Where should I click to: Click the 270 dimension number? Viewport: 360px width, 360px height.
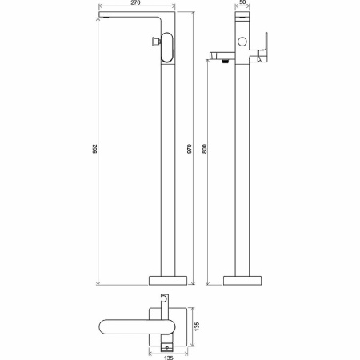click(136, 2)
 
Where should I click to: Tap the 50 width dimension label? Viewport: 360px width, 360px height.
click(242, 2)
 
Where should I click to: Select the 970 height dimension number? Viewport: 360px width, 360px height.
click(190, 149)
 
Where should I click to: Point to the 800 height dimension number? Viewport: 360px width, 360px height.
click(204, 149)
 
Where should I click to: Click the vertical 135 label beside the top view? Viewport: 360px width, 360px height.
click(197, 326)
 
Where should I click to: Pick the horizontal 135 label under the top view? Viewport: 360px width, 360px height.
click(169, 358)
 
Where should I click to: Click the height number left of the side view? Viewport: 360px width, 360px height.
click(94, 149)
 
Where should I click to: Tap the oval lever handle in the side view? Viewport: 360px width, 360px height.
click(167, 47)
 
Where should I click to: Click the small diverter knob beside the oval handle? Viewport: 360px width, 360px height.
click(156, 42)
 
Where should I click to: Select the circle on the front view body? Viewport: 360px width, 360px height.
click(242, 42)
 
